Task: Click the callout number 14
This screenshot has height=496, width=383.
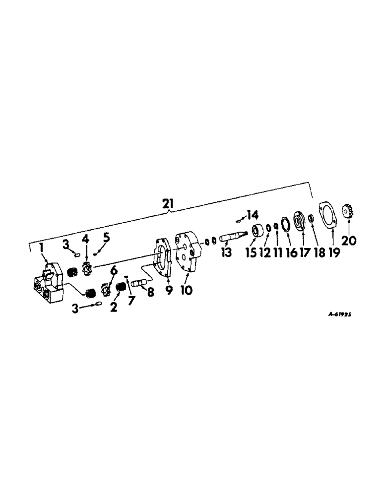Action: [253, 215]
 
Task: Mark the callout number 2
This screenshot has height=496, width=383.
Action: [114, 308]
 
